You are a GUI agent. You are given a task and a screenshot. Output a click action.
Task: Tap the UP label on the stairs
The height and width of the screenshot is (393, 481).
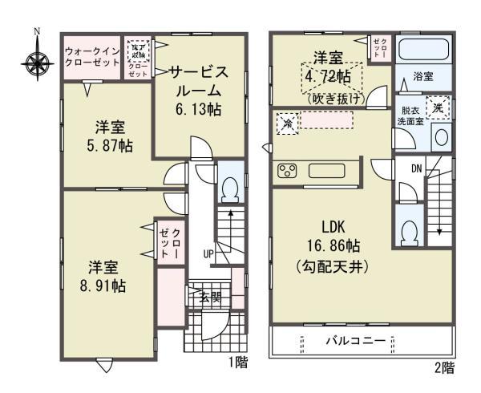[x=208, y=254]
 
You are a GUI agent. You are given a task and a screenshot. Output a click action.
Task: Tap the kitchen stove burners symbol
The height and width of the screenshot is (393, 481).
[x=288, y=170]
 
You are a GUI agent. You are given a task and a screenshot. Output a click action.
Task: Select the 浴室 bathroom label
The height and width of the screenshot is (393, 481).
[x=423, y=76]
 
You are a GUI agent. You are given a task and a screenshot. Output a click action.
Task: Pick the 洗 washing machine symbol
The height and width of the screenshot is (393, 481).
[x=438, y=106]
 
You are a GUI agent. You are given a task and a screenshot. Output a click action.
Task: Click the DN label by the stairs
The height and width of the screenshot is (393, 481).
[x=415, y=168]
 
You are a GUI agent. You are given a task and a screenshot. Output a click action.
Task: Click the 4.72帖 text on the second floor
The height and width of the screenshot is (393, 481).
[x=329, y=76]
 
